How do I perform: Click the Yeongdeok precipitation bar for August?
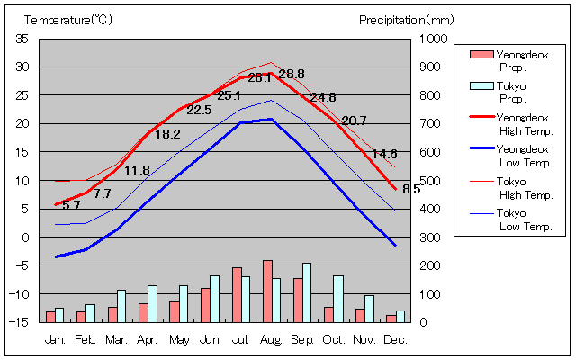pos(267,291)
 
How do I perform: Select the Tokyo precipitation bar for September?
pos(307,292)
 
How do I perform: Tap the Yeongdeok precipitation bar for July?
pos(237,294)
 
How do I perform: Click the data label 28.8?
pos(292,74)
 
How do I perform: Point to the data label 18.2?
pos(167,134)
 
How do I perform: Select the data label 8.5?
pos(411,189)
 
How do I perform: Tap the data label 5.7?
pos(71,205)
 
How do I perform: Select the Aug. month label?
pos(272,340)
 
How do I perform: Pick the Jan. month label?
pos(56,340)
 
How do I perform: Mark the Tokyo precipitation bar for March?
pos(121,305)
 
